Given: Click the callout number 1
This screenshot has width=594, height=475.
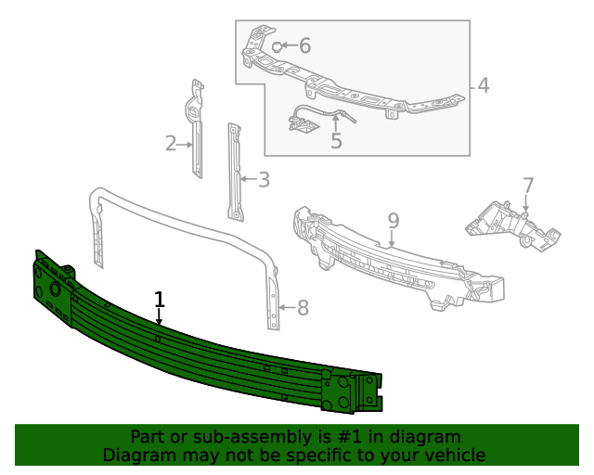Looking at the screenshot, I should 160,300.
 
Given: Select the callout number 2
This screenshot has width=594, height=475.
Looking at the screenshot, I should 171,144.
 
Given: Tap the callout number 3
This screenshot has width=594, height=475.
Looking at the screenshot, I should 264,180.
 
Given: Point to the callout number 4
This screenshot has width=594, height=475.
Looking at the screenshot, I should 483,86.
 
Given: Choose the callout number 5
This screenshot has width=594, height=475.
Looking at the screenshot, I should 336,141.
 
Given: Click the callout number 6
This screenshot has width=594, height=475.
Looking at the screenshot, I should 304,45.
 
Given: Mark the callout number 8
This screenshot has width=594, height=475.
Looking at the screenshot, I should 302,308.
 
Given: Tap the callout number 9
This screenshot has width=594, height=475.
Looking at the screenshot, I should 394,221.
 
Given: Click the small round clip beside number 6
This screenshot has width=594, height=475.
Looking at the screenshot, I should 277,45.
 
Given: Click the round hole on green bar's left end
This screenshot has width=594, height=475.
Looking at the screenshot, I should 55,289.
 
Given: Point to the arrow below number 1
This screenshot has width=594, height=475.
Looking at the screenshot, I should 160,318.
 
